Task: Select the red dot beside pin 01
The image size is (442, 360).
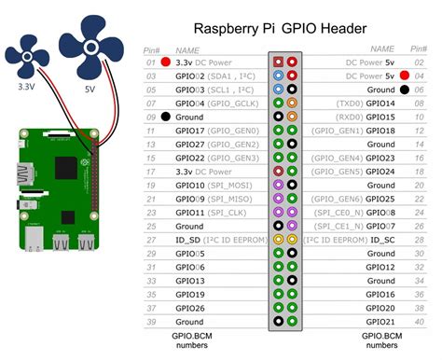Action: [x=165, y=62]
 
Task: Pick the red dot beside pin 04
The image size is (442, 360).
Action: [x=404, y=75]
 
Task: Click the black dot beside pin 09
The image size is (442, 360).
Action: [x=165, y=118]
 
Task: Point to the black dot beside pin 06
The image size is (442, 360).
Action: [x=404, y=89]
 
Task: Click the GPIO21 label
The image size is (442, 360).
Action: [x=380, y=322]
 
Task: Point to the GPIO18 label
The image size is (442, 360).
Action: [x=380, y=132]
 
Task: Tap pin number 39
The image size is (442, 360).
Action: [x=149, y=322]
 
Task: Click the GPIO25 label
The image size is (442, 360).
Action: [x=380, y=200]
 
